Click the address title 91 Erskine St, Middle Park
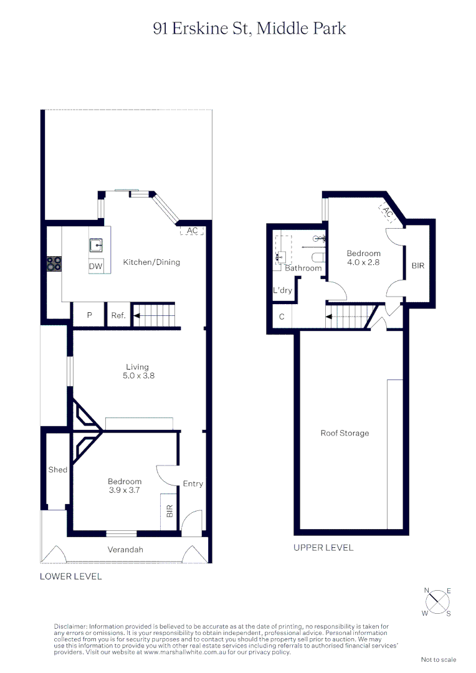(249, 29)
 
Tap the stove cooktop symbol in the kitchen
(54, 264)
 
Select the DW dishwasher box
(95, 266)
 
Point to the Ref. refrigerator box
(118, 315)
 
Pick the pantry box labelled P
(89, 315)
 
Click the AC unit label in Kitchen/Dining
(192, 231)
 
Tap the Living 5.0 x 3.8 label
(137, 371)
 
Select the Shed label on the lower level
(58, 470)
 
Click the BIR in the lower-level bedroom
(169, 512)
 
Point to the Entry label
(193, 484)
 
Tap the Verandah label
(125, 550)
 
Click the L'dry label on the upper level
(282, 290)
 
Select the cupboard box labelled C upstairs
(282, 317)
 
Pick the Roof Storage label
(345, 433)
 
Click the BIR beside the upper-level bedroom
(417, 265)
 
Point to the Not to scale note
(439, 659)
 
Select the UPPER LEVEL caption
(323, 548)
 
